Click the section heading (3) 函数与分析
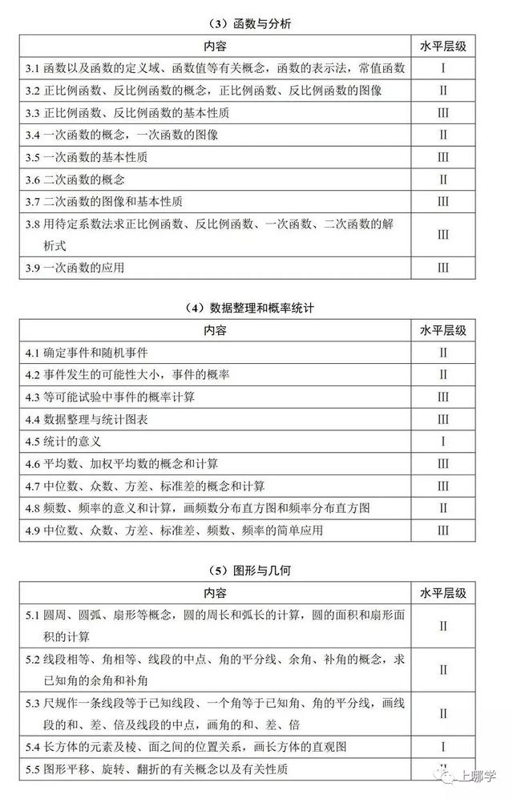pyautogui.click(x=256, y=25)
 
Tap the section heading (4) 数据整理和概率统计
pyautogui.click(x=256, y=308)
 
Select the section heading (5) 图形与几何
pyautogui.click(x=256, y=571)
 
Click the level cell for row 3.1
pyautogui.click(x=443, y=68)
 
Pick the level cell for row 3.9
pyautogui.click(x=443, y=268)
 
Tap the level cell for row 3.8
pyautogui.click(x=443, y=235)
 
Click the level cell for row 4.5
pyautogui.click(x=443, y=441)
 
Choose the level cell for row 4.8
pyautogui.click(x=443, y=508)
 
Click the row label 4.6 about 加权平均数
pyautogui.click(x=121, y=463)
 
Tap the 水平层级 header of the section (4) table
pyautogui.click(x=443, y=329)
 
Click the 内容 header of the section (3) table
pyautogui.click(x=215, y=46)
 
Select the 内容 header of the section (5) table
pyautogui.click(x=215, y=593)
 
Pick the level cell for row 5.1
pyautogui.click(x=443, y=626)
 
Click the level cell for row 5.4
pyautogui.click(x=443, y=746)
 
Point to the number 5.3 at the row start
pyautogui.click(x=33, y=704)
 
